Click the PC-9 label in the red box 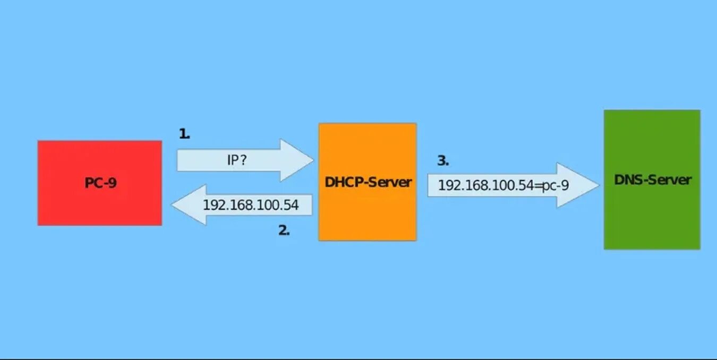point(100,183)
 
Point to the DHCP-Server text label point(368,182)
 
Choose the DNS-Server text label point(653,179)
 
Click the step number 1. point(184,134)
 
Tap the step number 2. point(284,230)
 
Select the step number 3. point(443,160)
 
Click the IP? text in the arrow point(237,160)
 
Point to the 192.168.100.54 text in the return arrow point(251,204)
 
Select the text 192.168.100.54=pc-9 point(503,185)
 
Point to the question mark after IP point(244,160)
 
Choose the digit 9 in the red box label point(112,183)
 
